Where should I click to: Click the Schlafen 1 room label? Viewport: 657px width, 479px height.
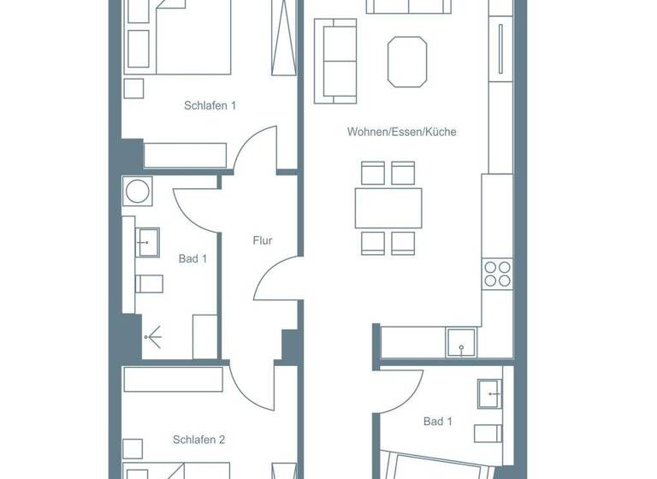tap(210, 106)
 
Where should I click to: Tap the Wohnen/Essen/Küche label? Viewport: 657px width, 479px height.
tap(401, 133)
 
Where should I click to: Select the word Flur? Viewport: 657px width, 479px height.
tap(263, 241)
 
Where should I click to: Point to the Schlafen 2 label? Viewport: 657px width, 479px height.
tap(198, 440)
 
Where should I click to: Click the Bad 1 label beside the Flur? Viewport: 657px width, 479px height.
tap(192, 258)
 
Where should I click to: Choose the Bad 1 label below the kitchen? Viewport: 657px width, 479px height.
tap(437, 422)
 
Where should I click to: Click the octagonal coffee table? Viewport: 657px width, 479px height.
tap(407, 61)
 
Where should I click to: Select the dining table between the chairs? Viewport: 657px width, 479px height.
tap(388, 208)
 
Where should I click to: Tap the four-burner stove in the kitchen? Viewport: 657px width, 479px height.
tap(497, 274)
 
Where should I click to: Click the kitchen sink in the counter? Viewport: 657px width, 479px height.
tap(462, 342)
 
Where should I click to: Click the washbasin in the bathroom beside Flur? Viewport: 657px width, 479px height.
tap(147, 243)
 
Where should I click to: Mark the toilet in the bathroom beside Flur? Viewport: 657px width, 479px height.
tap(149, 283)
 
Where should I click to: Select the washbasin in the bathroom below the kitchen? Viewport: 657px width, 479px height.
tap(490, 393)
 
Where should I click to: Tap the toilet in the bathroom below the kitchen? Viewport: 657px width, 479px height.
tap(487, 431)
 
